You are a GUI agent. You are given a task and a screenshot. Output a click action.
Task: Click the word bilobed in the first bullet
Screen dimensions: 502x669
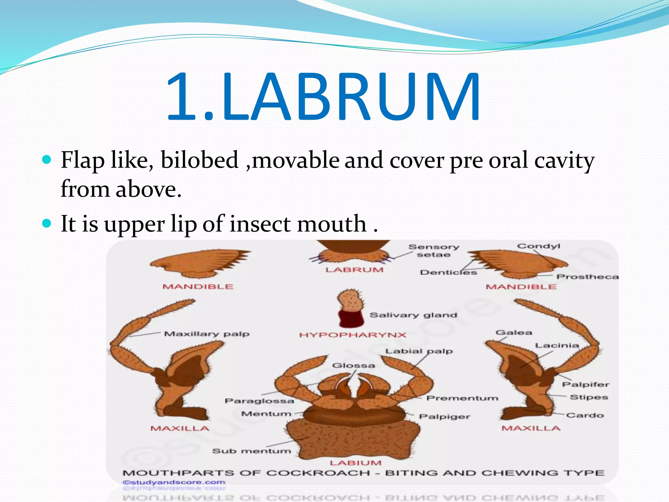199,160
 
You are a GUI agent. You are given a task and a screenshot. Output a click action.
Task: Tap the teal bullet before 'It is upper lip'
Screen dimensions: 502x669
47,223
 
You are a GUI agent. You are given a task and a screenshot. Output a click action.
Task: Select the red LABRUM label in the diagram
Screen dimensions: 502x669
354,270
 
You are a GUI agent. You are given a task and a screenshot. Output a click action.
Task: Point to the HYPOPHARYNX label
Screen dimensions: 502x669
353,335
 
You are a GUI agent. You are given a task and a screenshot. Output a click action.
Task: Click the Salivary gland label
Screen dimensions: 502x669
413,315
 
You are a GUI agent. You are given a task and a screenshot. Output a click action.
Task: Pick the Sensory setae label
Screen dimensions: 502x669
434,251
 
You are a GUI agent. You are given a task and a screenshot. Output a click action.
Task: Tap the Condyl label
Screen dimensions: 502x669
538,246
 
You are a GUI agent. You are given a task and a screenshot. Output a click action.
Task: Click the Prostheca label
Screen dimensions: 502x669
587,277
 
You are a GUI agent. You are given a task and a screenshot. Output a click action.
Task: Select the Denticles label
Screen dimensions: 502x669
448,272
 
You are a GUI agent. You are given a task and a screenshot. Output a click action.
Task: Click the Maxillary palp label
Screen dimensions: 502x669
206,334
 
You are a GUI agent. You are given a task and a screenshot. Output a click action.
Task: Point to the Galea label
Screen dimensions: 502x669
514,333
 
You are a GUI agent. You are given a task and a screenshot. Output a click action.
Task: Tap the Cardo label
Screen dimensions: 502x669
585,415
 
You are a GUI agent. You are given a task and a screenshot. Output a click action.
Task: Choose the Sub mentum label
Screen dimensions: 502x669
251,451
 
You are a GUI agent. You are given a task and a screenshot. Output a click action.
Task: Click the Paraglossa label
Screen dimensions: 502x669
259,401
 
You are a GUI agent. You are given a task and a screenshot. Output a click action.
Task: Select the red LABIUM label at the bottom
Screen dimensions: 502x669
355,463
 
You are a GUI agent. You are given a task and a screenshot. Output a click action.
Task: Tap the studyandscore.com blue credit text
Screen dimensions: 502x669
174,482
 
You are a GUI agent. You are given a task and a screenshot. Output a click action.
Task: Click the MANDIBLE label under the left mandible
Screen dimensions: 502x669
198,287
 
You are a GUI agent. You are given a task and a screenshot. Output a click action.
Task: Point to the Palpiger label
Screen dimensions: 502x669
445,417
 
